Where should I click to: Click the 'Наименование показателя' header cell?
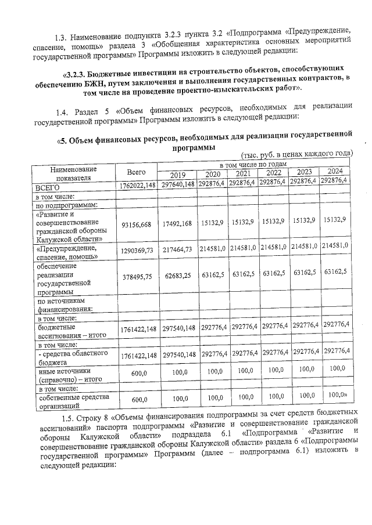coord(74,173)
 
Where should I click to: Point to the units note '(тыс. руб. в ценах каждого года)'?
coord(297,154)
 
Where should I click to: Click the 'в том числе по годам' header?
coord(253,165)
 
